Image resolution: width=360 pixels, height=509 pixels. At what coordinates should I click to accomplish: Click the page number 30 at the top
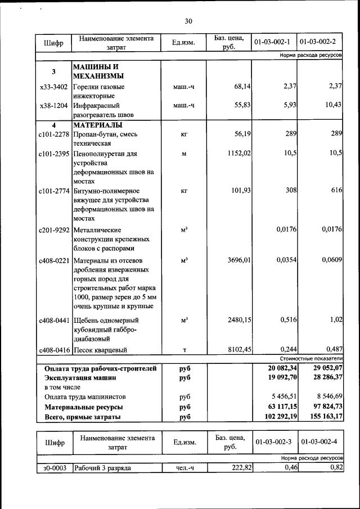[x=188, y=21]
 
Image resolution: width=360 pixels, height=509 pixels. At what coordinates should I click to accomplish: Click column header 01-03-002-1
[x=272, y=42]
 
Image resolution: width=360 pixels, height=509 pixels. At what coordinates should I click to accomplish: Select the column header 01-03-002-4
[x=318, y=442]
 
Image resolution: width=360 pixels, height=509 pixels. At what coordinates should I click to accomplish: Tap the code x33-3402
[x=54, y=87]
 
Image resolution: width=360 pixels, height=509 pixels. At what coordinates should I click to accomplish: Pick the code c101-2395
[x=54, y=154]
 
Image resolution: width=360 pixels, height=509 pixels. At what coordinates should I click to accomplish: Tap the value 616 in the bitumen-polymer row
[x=337, y=190]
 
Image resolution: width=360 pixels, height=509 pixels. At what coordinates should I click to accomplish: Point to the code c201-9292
[x=54, y=230]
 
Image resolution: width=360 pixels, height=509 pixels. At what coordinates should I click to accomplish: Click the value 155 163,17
[x=323, y=417]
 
